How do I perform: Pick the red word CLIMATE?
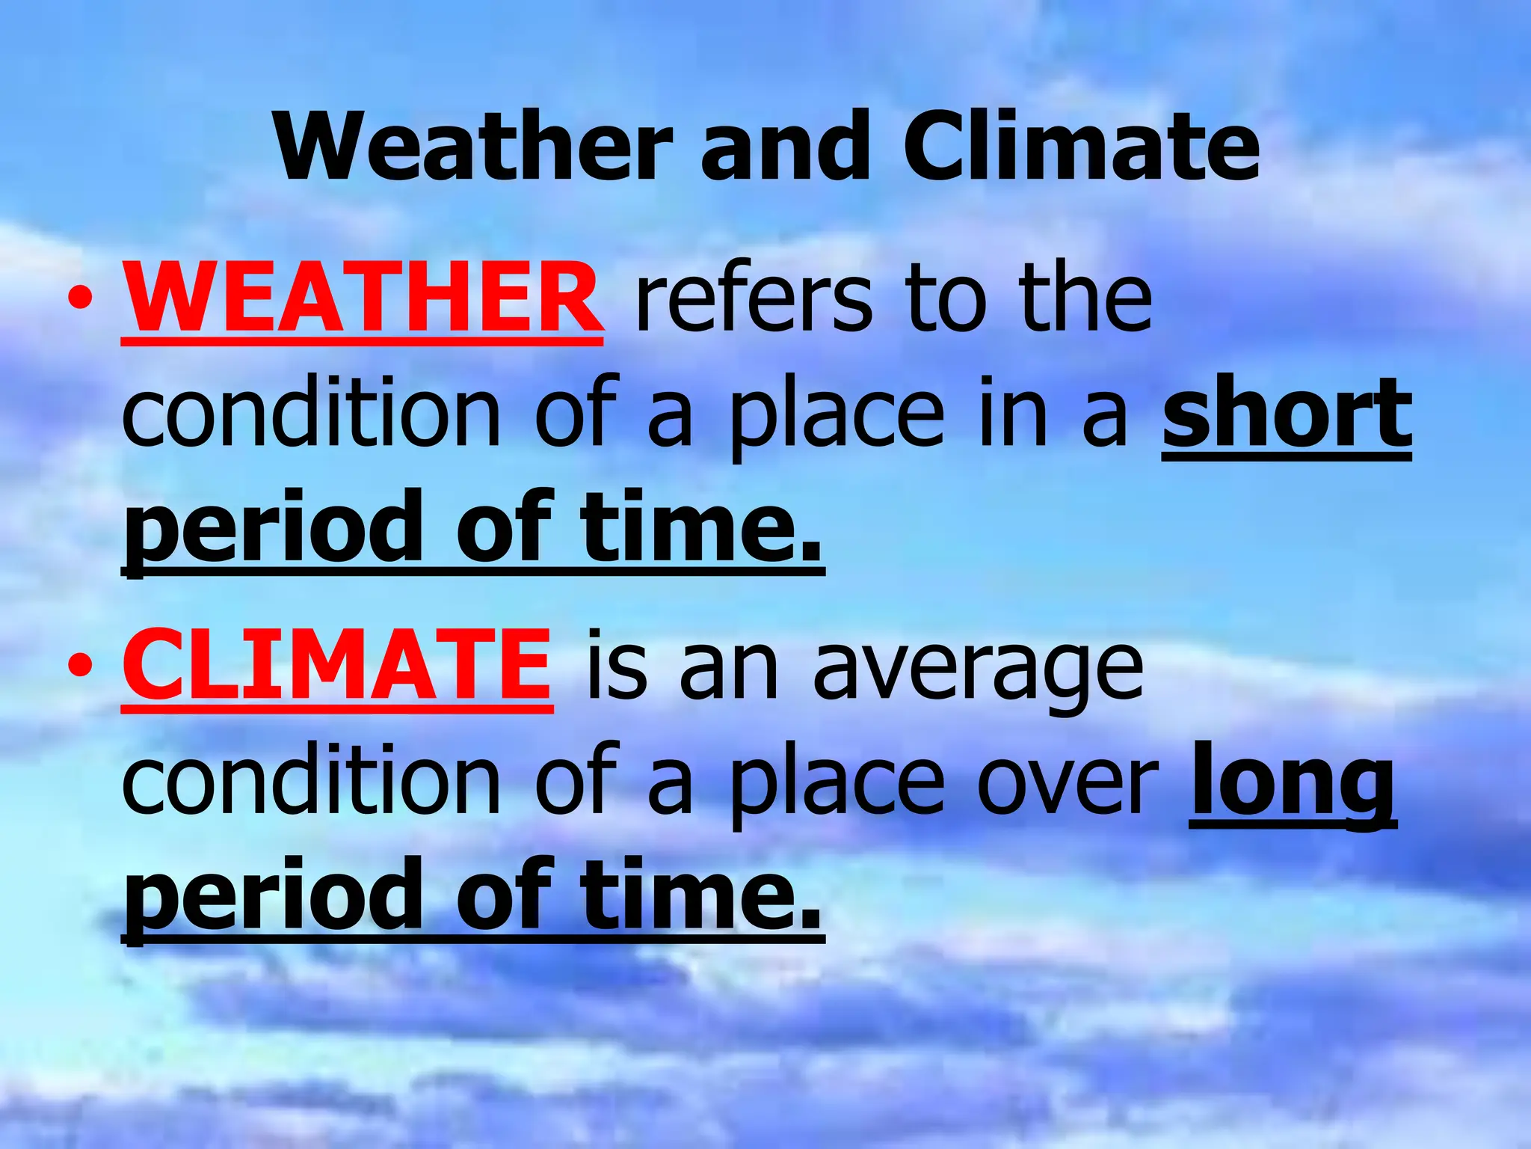337,665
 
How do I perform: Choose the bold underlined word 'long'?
1292,785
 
